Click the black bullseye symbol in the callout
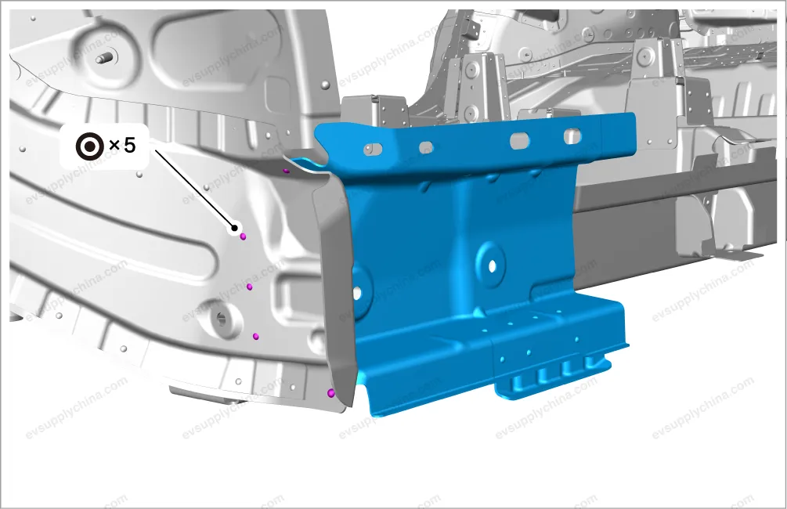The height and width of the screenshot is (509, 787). tap(90, 146)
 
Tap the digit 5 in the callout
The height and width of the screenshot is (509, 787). tap(129, 145)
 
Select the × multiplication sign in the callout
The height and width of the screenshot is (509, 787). tap(114, 146)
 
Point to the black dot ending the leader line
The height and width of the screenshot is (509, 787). tap(234, 229)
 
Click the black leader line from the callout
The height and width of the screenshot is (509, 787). tap(193, 188)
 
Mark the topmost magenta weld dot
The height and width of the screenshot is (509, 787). tap(286, 171)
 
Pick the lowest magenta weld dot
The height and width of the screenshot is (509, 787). tap(330, 393)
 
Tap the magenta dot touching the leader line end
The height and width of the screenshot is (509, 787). tap(243, 236)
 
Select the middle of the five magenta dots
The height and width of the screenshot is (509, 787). tap(250, 287)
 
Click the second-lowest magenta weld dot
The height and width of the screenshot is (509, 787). tap(255, 336)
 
